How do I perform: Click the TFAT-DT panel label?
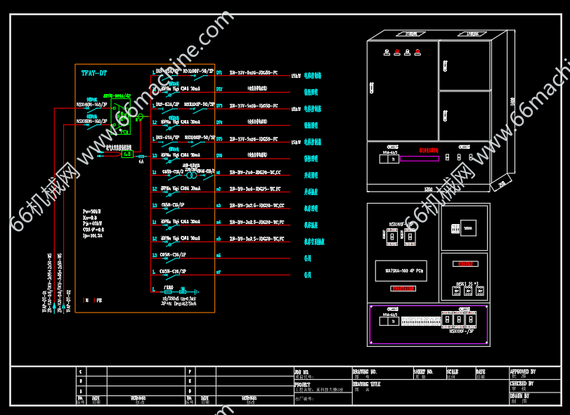click(93, 72)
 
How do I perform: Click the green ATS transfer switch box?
click(120, 116)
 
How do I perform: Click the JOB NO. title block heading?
click(302, 371)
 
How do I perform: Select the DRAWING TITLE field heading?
click(367, 384)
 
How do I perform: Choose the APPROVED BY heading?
click(523, 371)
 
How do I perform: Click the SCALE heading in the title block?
click(452, 371)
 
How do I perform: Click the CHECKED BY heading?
click(522, 384)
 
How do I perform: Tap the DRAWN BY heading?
click(519, 395)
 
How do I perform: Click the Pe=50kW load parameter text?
click(91, 211)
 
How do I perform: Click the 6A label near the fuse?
click(141, 162)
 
